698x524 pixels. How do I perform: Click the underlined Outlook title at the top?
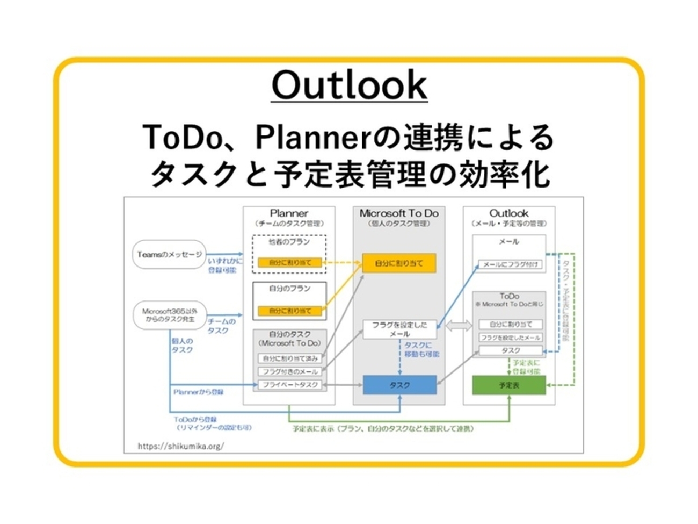(x=349, y=85)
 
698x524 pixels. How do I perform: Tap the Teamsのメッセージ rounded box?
(x=170, y=254)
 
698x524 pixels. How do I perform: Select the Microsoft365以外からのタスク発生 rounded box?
(x=170, y=315)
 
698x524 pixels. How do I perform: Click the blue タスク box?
(x=399, y=385)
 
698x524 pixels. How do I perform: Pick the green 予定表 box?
(x=508, y=385)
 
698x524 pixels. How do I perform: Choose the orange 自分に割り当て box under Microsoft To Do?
(x=398, y=263)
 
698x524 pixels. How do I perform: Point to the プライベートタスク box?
(x=290, y=385)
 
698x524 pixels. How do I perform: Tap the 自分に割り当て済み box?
(x=290, y=358)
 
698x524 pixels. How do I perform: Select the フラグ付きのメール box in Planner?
(x=290, y=371)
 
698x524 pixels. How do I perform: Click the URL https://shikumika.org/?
(x=180, y=446)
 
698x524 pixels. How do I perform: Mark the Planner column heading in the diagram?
(x=289, y=213)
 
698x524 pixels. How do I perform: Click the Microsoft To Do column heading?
(x=399, y=213)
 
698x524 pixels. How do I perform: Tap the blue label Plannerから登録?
(x=198, y=392)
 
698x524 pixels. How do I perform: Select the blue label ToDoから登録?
(x=195, y=419)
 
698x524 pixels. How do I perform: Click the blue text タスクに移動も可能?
(x=421, y=350)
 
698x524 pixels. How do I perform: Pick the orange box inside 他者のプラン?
(x=290, y=263)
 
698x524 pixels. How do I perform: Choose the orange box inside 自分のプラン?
(x=290, y=311)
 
